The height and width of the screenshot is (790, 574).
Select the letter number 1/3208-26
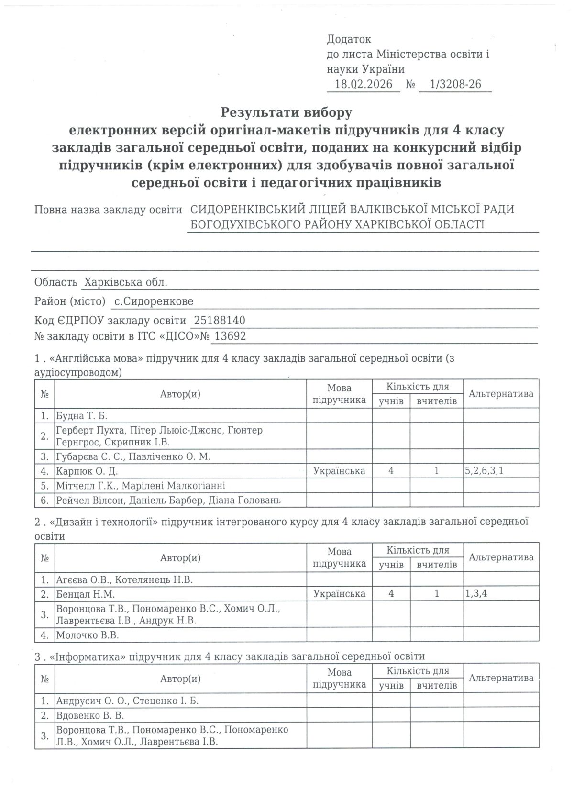455,85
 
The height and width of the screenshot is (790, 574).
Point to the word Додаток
349,39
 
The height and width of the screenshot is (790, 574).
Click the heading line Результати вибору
286,113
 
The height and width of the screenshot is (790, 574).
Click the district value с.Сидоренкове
154,301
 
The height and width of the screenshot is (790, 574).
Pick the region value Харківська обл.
125,282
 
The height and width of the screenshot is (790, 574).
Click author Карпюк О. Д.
87,471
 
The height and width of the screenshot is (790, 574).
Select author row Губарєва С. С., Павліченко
133,456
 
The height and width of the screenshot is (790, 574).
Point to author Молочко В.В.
87,635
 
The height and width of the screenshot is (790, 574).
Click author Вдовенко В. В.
90,715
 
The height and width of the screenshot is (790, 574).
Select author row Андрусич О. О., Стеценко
127,701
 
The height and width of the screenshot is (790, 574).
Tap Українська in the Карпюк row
339,471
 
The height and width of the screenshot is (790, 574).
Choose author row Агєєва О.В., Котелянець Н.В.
124,579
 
